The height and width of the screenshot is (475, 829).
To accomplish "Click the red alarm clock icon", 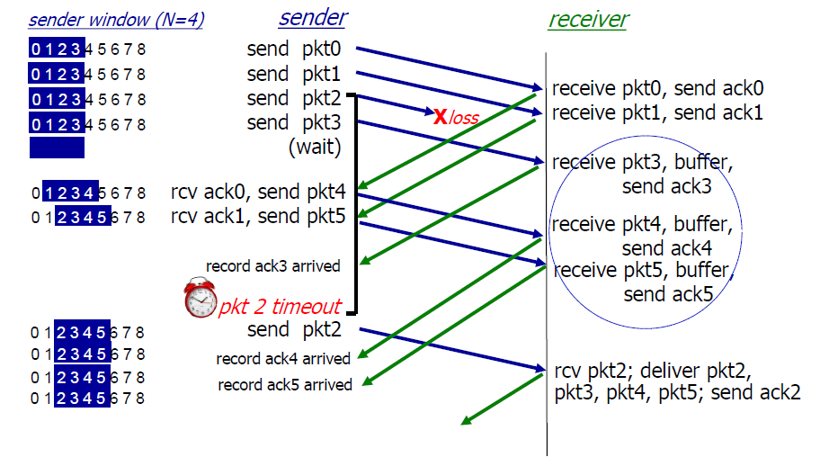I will pyautogui.click(x=201, y=299).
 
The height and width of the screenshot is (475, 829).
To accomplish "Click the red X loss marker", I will pyautogui.click(x=441, y=116).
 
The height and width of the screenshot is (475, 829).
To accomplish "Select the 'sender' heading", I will pyautogui.click(x=312, y=17).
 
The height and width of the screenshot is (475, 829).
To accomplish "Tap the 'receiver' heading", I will pyautogui.click(x=588, y=19).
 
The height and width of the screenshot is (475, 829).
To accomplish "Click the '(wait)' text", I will pyautogui.click(x=315, y=146).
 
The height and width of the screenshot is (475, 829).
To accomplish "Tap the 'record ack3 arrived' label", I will pyautogui.click(x=273, y=265).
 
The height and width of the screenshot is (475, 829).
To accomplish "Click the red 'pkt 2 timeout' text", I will pyautogui.click(x=280, y=307).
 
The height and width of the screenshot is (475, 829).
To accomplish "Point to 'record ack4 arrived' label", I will pyautogui.click(x=283, y=359).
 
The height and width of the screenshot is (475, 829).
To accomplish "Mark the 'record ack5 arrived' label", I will pyautogui.click(x=285, y=385).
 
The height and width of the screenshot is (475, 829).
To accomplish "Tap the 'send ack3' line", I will pyautogui.click(x=667, y=186).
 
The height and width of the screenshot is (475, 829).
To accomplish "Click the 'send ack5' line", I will pyautogui.click(x=668, y=294).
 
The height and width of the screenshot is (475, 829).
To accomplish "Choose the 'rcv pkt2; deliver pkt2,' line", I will pyautogui.click(x=652, y=370).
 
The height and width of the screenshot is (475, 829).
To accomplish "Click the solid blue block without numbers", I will pyautogui.click(x=57, y=148).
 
